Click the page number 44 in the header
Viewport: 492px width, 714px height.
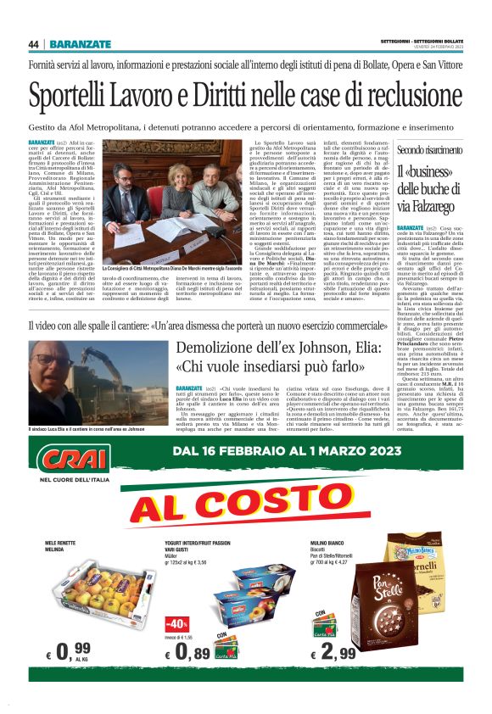coord(34,44)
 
